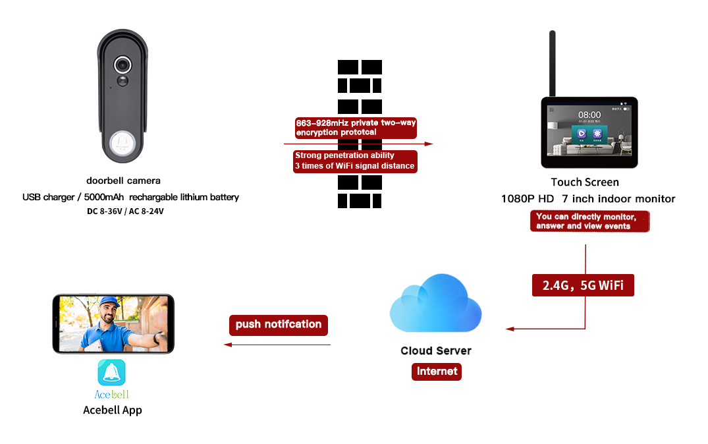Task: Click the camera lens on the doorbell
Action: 122,65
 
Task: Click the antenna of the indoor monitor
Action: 552,63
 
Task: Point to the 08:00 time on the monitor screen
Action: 589,115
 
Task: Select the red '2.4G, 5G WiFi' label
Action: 583,285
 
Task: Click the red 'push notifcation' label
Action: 279,325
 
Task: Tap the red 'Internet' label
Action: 437,372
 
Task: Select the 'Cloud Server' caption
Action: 436,351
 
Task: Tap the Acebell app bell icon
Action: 111,373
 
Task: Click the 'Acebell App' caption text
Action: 112,410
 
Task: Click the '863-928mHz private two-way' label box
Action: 356,128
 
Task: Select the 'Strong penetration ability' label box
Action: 355,161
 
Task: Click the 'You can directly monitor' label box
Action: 589,221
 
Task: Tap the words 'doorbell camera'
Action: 123,180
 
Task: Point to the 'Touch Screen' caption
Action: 585,182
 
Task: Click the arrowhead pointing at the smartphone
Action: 227,345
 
